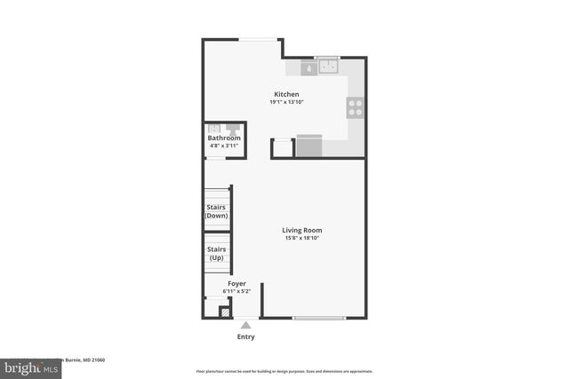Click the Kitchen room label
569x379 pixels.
[x=286, y=94]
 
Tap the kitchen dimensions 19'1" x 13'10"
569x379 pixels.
[x=286, y=102]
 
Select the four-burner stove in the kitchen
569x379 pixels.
[x=356, y=107]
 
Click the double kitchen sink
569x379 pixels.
[x=330, y=66]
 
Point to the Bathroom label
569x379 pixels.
[x=224, y=138]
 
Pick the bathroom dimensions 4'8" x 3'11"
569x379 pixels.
[x=224, y=146]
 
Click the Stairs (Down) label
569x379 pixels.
[x=216, y=211]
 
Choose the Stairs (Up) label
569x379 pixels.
[x=216, y=253]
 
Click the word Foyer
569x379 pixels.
[x=236, y=283]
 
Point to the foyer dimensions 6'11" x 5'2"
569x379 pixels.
[x=236, y=291]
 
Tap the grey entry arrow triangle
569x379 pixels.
[x=246, y=326]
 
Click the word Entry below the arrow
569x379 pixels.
[x=246, y=336]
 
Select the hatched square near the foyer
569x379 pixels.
[x=225, y=312]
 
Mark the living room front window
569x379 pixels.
[x=318, y=318]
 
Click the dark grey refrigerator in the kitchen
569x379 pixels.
[x=309, y=146]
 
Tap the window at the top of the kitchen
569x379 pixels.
[x=260, y=39]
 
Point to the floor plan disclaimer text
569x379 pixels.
[x=284, y=371]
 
